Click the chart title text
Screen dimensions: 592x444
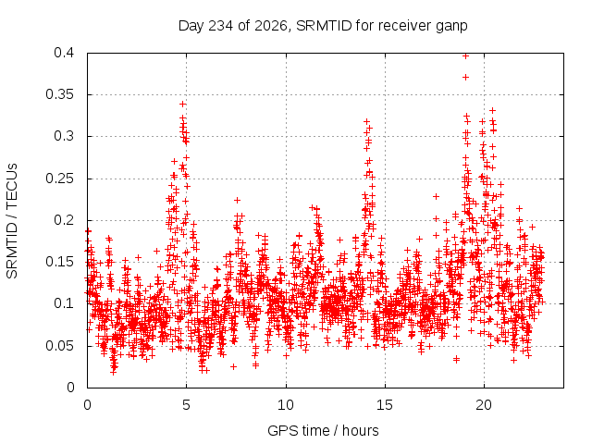tap(323, 26)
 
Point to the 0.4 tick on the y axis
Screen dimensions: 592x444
tap(64, 53)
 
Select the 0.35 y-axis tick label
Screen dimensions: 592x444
tap(59, 94)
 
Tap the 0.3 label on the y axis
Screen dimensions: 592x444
tap(64, 136)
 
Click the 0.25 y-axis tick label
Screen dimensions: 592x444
tap(59, 179)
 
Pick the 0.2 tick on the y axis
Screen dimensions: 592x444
tap(64, 220)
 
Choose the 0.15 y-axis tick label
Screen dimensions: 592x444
tap(59, 262)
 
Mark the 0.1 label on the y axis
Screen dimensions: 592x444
tap(64, 303)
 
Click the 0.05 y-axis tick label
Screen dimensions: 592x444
tap(59, 346)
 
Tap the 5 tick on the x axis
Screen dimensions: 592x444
tap(186, 405)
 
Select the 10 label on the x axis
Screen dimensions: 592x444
tap(286, 405)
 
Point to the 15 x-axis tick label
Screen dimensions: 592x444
tap(385, 405)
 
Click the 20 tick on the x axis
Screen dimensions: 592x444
tap(484, 405)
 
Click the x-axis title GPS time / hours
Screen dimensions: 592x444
tap(323, 431)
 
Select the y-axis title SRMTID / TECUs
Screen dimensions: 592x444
tap(12, 221)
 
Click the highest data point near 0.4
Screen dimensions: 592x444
tap(465, 56)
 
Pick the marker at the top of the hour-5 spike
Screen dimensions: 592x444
tap(183, 104)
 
